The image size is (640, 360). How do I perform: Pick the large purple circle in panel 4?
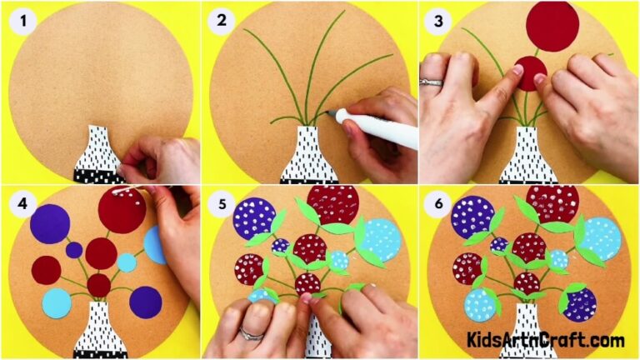(x=49, y=223)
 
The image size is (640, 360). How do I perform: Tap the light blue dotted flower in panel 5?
(x=382, y=239)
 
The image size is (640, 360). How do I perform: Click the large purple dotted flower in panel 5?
(x=253, y=219)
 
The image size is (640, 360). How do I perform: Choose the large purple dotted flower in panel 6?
(x=472, y=217)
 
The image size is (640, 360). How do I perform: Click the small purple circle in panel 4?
(x=74, y=249)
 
